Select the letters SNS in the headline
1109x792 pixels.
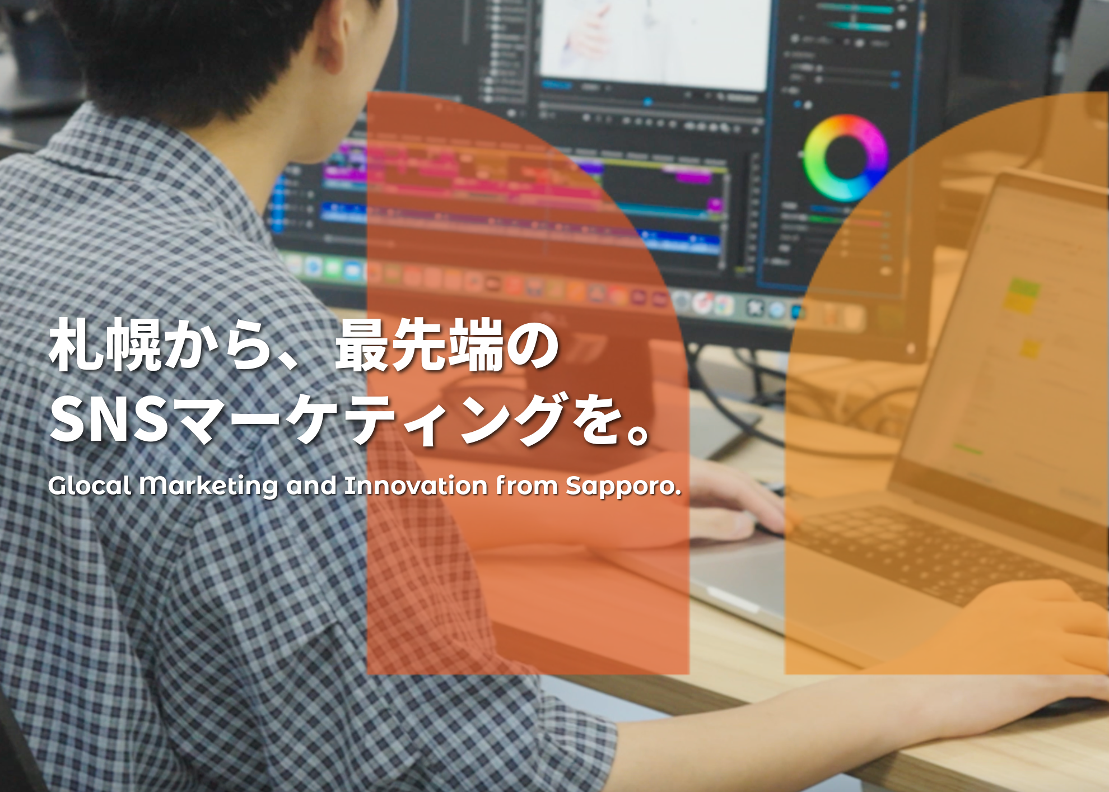pos(109,420)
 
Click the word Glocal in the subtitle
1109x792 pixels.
pos(90,486)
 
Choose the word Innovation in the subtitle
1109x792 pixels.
pos(416,486)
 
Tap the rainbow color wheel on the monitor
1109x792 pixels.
pos(846,159)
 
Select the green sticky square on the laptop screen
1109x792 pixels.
pos(1024,288)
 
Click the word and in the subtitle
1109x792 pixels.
pos(311,486)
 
